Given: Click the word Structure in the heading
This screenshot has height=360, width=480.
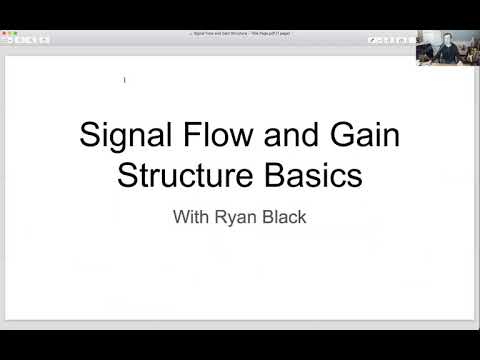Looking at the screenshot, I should pos(181,176).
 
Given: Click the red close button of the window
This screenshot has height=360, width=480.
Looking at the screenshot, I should pos(6,34).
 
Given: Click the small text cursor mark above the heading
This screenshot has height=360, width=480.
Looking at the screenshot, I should pos(124,79).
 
